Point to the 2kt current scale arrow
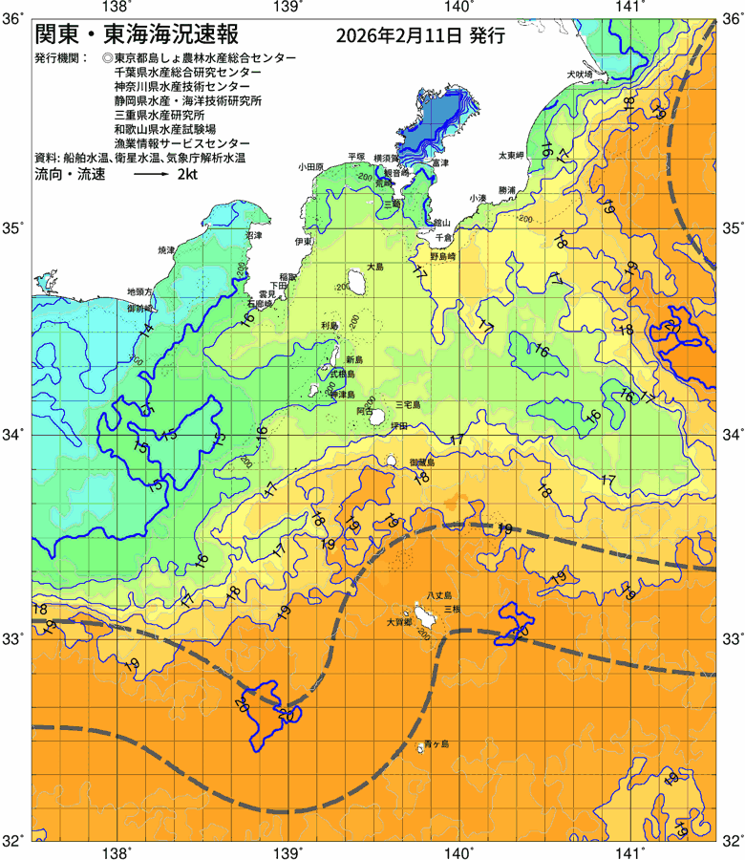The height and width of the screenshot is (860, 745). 152,176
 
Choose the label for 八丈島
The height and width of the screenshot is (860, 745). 439,594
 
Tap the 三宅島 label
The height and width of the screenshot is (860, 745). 408,405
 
